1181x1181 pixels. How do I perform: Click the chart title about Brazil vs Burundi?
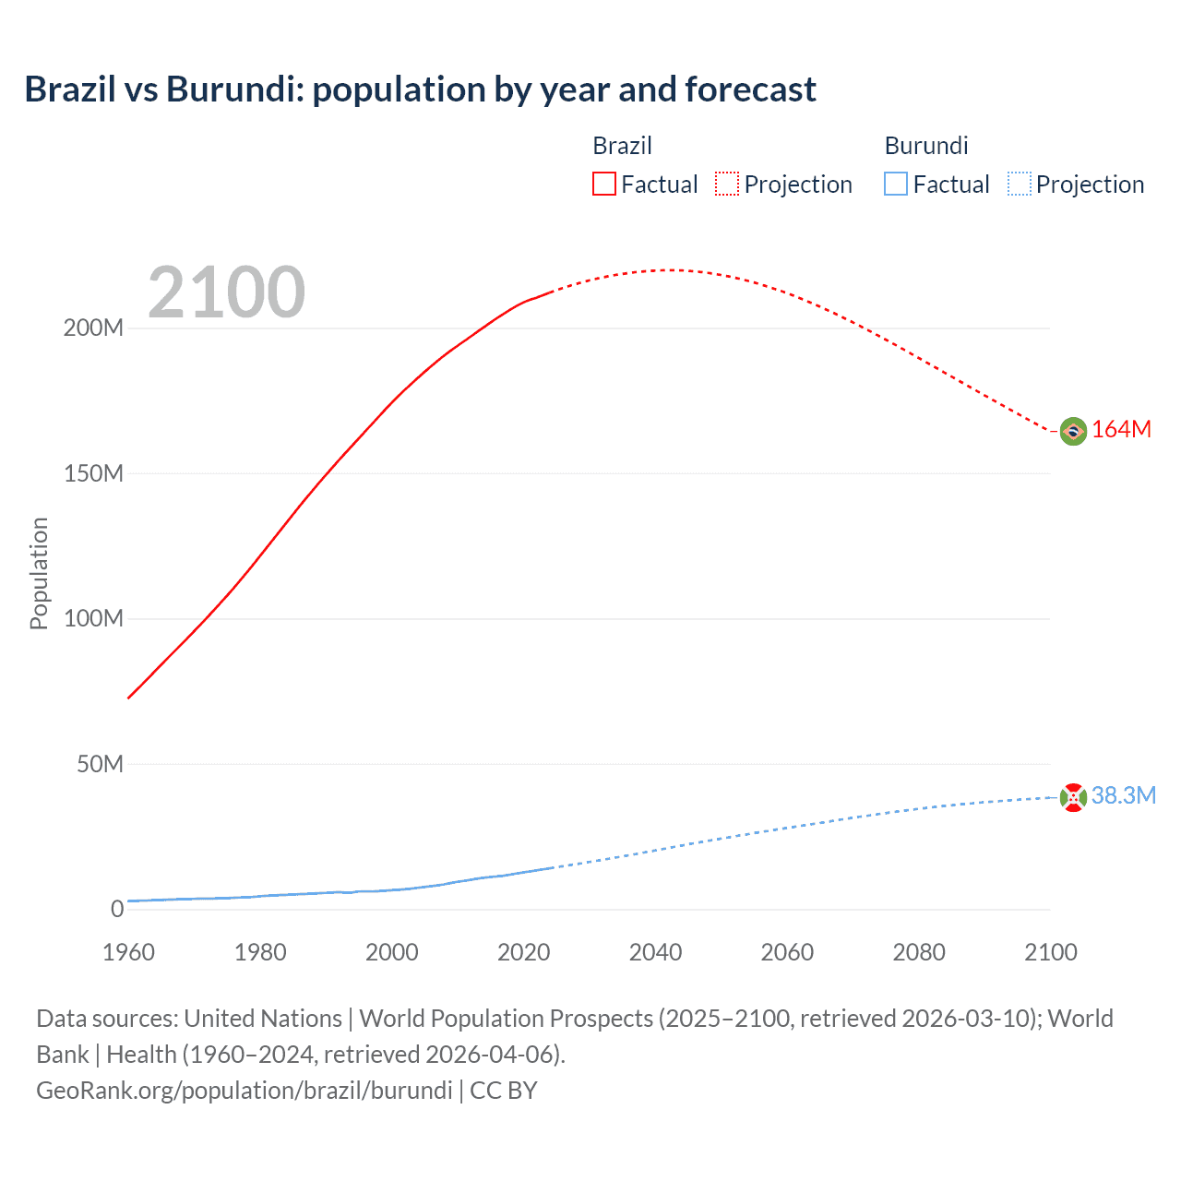(420, 89)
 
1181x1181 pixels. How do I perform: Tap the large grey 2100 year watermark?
(226, 292)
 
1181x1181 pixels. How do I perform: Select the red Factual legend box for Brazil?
(603, 184)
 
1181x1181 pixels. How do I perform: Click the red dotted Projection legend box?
(726, 184)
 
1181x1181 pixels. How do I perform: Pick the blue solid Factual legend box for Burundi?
(895, 184)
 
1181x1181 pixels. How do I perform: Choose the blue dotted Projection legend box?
(1019, 184)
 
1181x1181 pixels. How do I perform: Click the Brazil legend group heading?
(622, 146)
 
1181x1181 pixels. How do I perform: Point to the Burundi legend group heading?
(925, 146)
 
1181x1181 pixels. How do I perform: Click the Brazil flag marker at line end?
(1072, 431)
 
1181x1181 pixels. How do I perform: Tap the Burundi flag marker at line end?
(1072, 797)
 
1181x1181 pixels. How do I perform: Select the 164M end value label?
(1121, 430)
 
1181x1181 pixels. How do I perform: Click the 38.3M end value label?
(1123, 796)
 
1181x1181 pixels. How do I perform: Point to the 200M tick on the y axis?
(93, 328)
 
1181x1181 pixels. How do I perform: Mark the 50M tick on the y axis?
(100, 764)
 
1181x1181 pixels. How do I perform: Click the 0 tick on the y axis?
(117, 909)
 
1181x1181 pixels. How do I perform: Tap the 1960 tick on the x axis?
(128, 952)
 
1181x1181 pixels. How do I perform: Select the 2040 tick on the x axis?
(655, 952)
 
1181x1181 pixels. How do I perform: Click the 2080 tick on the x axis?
(919, 952)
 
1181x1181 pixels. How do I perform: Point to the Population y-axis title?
(39, 573)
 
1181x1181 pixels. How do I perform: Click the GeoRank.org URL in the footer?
(245, 1091)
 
